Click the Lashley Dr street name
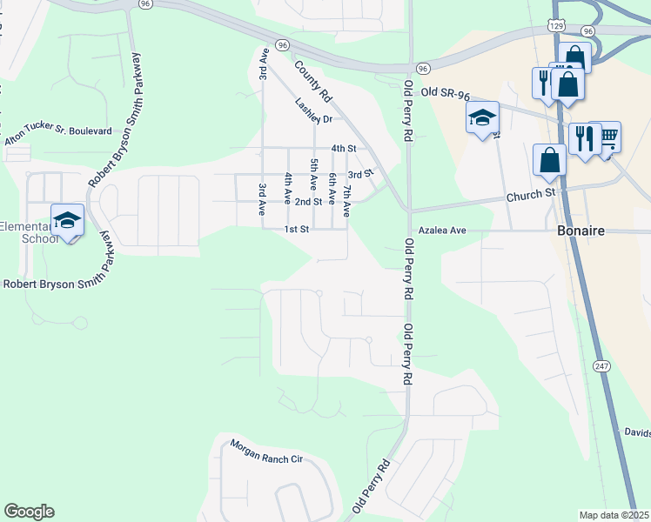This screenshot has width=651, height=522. point(313,111)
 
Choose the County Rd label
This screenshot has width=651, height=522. point(313,81)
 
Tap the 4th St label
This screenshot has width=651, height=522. point(344,149)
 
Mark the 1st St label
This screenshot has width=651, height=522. point(297,230)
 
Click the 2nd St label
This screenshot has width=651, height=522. point(308,202)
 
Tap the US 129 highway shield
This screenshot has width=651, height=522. point(557,27)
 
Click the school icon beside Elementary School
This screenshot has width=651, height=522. point(67,220)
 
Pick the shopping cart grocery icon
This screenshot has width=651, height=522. point(607,136)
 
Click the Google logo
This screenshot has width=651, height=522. point(29,512)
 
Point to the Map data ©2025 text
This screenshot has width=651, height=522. point(614,515)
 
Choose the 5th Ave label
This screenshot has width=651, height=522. point(313,175)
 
